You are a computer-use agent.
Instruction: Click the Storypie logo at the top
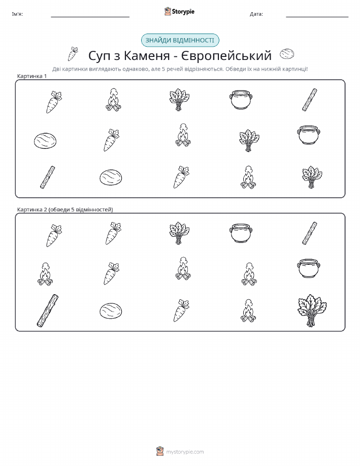click(x=179, y=12)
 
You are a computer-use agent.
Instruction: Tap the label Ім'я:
click(x=17, y=14)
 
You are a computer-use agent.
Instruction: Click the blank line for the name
click(x=90, y=17)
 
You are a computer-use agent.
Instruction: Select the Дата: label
click(x=256, y=14)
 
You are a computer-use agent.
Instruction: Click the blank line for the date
click(x=317, y=17)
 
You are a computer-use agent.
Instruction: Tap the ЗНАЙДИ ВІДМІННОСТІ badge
click(x=180, y=41)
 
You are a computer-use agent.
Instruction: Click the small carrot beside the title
click(x=73, y=54)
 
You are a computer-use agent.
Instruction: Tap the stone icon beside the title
click(x=287, y=54)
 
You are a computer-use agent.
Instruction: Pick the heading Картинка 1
click(x=32, y=76)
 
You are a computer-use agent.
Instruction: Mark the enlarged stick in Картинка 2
click(x=48, y=311)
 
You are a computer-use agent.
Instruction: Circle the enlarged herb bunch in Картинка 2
click(x=312, y=310)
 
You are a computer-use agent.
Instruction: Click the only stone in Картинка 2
click(x=111, y=311)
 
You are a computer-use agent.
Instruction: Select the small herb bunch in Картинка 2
click(x=179, y=233)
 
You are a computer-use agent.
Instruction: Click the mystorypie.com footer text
click(x=185, y=452)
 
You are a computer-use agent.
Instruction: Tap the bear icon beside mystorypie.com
click(x=160, y=451)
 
